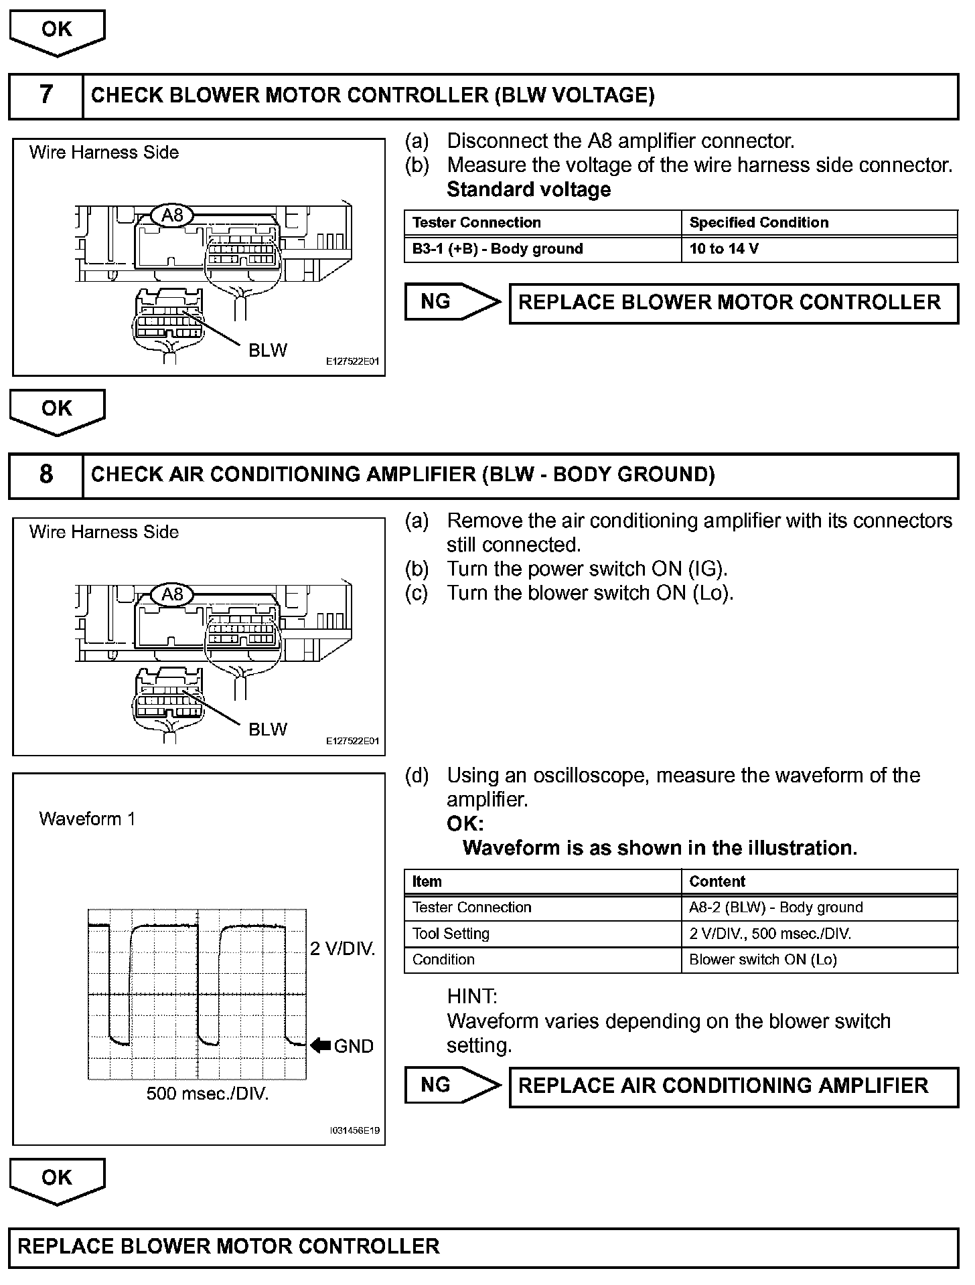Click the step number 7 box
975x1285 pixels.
pyautogui.click(x=46, y=95)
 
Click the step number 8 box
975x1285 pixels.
pyautogui.click(x=46, y=475)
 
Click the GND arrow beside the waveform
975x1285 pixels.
pyautogui.click(x=321, y=1045)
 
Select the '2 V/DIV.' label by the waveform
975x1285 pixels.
pyautogui.click(x=342, y=948)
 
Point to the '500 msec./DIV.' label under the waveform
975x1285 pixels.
pyautogui.click(x=208, y=1094)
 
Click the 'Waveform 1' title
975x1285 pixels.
pyautogui.click(x=87, y=819)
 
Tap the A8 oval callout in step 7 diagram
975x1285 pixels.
pyautogui.click(x=172, y=215)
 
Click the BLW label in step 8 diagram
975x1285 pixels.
pyautogui.click(x=267, y=729)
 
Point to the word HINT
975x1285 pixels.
pyautogui.click(x=472, y=997)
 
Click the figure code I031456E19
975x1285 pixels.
pyautogui.click(x=354, y=1130)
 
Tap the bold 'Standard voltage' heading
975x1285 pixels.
pyautogui.click(x=528, y=189)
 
